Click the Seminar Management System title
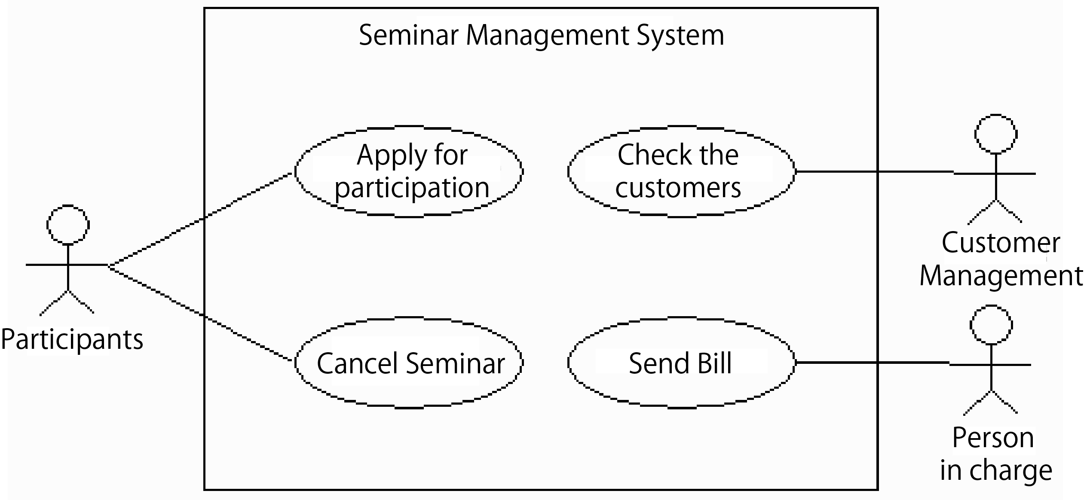point(542,35)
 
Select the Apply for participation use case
point(409,171)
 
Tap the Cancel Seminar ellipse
point(409,363)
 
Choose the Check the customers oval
point(681,171)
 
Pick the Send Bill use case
point(681,363)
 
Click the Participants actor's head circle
point(68,225)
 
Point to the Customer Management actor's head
point(996,134)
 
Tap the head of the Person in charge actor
point(991,325)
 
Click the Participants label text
point(72,340)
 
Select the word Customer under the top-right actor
point(1001,243)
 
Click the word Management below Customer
point(1001,276)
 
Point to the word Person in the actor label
point(993,438)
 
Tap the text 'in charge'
point(996,471)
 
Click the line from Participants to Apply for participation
point(201,219)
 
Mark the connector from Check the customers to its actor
point(875,172)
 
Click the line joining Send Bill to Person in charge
point(873,363)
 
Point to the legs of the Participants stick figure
point(67,303)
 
